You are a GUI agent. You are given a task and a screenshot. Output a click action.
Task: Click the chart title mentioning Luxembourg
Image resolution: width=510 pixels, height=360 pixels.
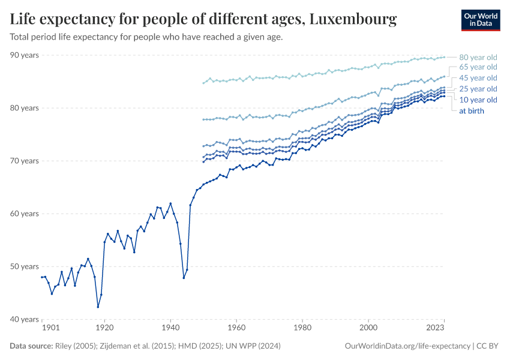(x=203, y=20)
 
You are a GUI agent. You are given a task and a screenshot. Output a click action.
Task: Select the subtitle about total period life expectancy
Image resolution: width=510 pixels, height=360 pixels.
(x=146, y=37)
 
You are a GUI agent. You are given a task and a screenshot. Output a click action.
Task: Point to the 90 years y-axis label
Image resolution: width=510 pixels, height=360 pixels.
(x=25, y=55)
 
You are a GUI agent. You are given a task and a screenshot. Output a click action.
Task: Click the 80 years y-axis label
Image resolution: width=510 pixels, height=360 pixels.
(x=25, y=108)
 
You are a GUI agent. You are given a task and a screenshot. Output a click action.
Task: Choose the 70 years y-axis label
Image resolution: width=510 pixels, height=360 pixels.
(x=25, y=161)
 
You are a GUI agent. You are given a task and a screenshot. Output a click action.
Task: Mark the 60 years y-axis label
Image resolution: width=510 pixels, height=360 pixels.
(x=25, y=214)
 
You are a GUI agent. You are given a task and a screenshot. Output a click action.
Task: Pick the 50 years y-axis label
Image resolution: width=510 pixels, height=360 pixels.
(x=25, y=266)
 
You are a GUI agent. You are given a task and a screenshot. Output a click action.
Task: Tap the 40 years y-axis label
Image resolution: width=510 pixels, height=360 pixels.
(x=25, y=319)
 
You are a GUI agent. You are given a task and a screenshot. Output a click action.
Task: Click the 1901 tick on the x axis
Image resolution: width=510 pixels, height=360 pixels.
(x=50, y=328)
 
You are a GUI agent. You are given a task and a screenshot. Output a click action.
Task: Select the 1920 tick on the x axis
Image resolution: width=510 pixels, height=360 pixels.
(x=104, y=328)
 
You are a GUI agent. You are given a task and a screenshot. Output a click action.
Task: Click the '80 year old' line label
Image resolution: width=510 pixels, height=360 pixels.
(x=478, y=58)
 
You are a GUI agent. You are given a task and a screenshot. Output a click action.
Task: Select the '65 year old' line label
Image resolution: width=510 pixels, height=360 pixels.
(x=478, y=67)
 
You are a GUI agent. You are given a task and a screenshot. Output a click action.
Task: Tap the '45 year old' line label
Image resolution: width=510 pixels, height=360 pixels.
(x=478, y=78)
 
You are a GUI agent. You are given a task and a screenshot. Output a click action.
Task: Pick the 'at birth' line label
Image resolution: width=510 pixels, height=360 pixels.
(x=471, y=111)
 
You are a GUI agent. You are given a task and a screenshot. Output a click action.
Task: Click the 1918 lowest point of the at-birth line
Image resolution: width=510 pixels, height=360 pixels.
(x=98, y=307)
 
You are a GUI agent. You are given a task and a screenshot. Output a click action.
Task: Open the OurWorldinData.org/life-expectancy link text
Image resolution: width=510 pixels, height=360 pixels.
(x=408, y=346)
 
